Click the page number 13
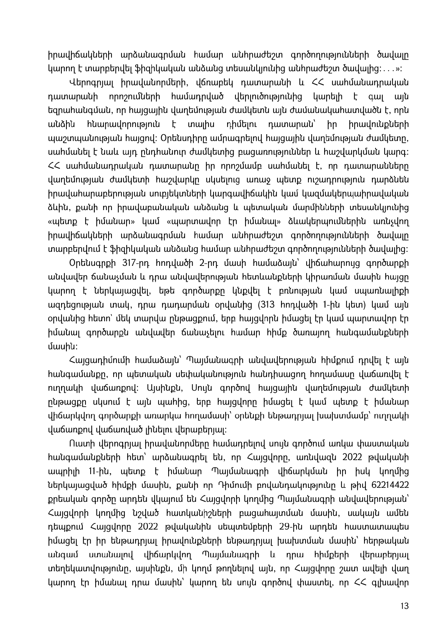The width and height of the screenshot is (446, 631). click(x=405, y=606)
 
